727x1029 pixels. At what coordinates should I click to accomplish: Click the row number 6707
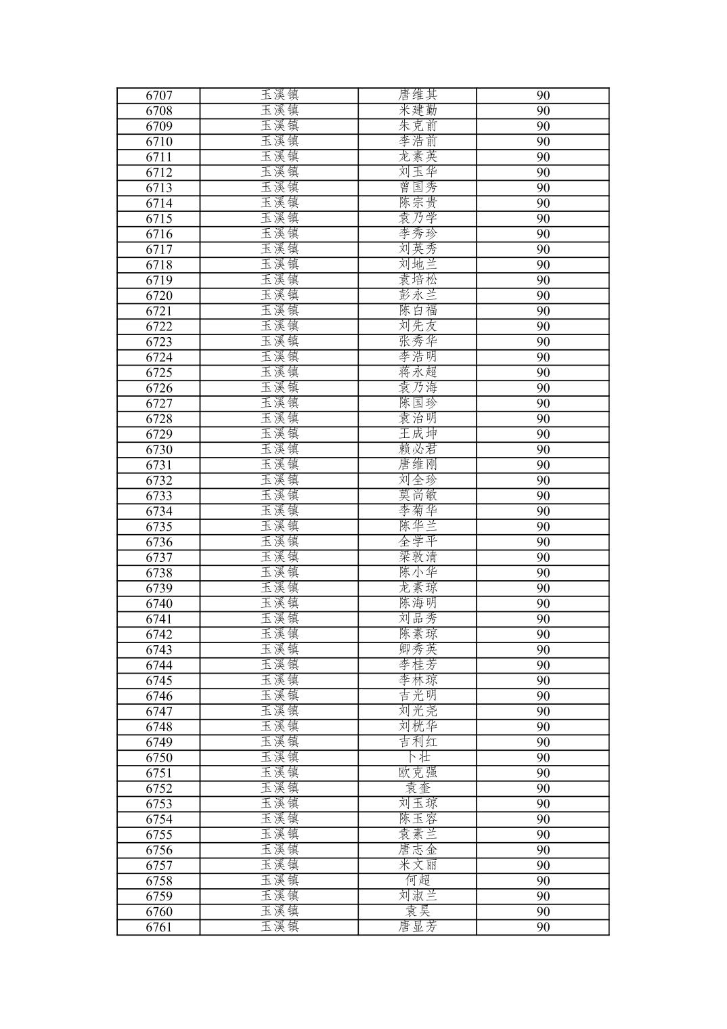click(x=159, y=95)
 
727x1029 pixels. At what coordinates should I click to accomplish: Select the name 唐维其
click(x=418, y=95)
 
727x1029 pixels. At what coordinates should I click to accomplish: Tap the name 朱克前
click(x=418, y=126)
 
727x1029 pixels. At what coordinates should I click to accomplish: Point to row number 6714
click(x=159, y=203)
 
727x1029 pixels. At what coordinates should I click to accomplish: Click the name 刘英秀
click(x=418, y=249)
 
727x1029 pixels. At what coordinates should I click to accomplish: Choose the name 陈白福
click(x=418, y=311)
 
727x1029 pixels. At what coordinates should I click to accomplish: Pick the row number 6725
click(x=159, y=372)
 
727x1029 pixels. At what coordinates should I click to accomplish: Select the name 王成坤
click(x=418, y=434)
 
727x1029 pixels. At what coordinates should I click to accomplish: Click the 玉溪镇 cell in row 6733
click(x=280, y=496)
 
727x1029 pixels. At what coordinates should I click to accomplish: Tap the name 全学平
click(x=418, y=542)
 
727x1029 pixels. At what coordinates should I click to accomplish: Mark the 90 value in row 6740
click(x=543, y=604)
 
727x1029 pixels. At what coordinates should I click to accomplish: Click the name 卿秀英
click(x=418, y=649)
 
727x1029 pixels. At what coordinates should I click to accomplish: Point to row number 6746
click(x=159, y=696)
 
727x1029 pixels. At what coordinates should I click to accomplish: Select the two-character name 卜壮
click(x=418, y=758)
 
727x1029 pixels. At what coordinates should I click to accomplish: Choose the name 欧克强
click(x=418, y=772)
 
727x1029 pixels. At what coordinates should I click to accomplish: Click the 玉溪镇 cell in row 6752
click(x=280, y=788)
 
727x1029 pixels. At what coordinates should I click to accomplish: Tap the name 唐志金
click(x=418, y=850)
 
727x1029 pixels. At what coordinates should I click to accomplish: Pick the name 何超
click(x=418, y=881)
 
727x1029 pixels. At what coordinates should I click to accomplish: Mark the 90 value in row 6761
click(x=543, y=927)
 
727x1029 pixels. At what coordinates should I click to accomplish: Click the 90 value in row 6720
click(x=543, y=296)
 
